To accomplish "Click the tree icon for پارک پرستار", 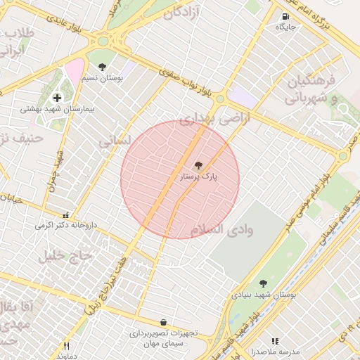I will tap(198, 166).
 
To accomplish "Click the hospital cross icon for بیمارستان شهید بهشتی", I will tap(57, 98).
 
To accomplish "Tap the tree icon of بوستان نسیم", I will tap(103, 67).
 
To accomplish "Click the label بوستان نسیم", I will tap(103, 78).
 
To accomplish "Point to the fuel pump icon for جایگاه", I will tap(285, 17).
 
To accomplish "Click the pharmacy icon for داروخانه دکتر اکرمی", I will tap(65, 216).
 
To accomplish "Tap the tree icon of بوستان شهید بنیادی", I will tap(263, 283).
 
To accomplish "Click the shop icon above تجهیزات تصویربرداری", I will tap(163, 322).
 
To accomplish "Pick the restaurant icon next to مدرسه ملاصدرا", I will tap(275, 341).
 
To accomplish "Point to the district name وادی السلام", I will tap(221, 230).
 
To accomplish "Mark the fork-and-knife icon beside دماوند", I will tap(67, 346).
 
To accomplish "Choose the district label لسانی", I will tap(115, 141).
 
